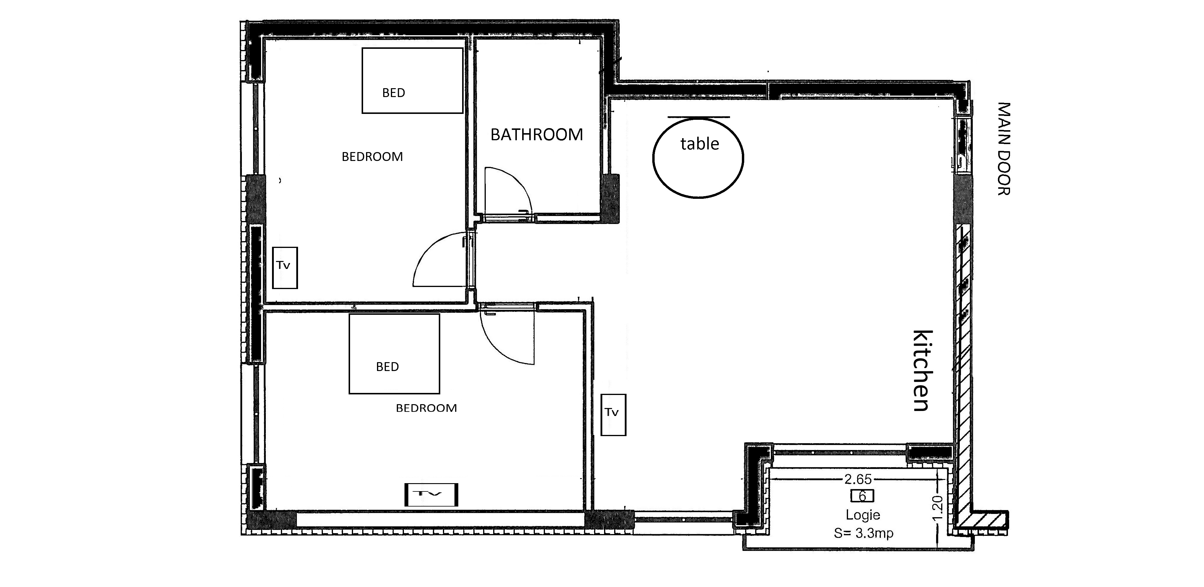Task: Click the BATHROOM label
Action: click(x=537, y=135)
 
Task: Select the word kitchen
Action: click(x=923, y=371)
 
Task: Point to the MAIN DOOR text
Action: click(x=1004, y=149)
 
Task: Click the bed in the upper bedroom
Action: click(x=412, y=80)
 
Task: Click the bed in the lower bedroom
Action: click(x=394, y=354)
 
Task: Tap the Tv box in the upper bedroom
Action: click(x=285, y=267)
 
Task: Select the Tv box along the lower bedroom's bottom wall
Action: click(x=431, y=494)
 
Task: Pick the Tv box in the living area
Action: click(x=613, y=415)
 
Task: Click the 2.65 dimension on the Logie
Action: click(x=858, y=479)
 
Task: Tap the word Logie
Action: click(x=863, y=515)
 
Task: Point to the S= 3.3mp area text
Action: click(x=863, y=533)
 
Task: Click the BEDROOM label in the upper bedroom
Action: click(x=372, y=157)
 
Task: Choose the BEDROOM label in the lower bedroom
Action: click(x=426, y=408)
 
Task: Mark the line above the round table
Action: click(x=699, y=117)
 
